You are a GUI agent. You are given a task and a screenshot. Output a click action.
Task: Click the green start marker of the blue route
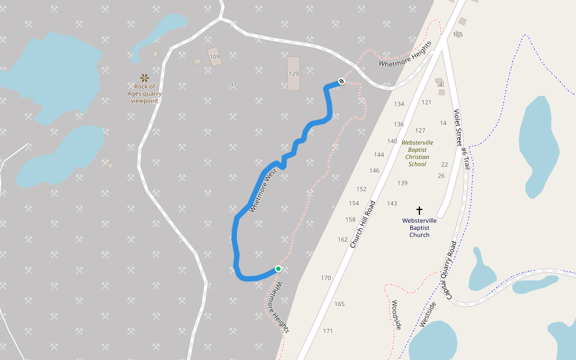[278, 268]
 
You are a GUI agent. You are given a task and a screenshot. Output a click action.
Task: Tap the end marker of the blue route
[341, 81]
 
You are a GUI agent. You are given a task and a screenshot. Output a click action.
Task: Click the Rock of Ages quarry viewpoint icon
[145, 77]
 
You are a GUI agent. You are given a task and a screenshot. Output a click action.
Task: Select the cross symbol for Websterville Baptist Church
[419, 211]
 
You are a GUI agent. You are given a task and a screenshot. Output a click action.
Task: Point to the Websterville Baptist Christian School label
[417, 154]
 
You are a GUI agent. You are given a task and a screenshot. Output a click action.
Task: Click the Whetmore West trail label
[262, 190]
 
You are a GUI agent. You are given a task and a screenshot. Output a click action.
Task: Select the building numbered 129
[293, 73]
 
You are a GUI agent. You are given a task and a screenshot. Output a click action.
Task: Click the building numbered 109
[215, 57]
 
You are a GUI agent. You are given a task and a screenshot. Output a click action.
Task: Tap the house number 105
[458, 35]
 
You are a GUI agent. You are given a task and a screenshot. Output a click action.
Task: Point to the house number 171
[328, 331]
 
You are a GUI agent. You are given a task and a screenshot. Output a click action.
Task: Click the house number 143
[392, 203]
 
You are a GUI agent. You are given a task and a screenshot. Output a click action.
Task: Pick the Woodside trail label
[396, 314]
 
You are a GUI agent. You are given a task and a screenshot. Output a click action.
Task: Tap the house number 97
[233, 85]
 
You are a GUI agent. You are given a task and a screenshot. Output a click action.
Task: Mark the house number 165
[340, 304]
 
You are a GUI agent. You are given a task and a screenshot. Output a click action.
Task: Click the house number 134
[399, 104]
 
